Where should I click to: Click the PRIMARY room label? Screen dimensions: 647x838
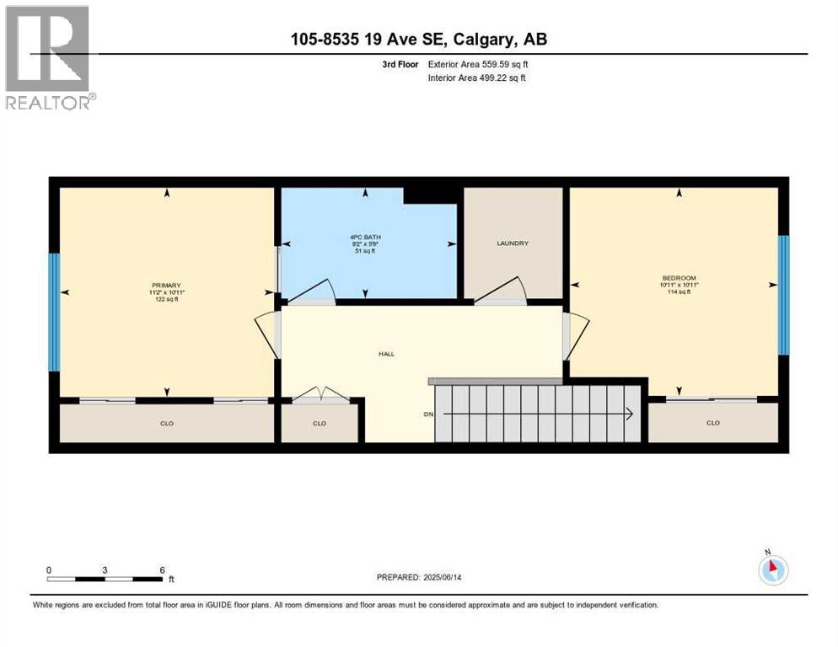tap(167, 285)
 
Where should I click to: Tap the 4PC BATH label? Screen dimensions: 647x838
tap(364, 237)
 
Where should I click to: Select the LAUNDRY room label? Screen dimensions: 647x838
tap(512, 243)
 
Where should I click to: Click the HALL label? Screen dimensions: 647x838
tap(386, 354)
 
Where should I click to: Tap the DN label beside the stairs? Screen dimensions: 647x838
tap(427, 414)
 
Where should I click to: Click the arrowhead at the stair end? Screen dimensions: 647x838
tap(630, 413)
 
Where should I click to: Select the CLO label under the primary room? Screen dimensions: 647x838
tap(167, 423)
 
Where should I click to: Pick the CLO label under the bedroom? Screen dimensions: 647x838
tap(712, 423)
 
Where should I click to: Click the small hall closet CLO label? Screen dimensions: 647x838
tap(319, 423)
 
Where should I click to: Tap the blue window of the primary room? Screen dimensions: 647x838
tap(54, 312)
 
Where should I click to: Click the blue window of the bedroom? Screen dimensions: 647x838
tap(782, 294)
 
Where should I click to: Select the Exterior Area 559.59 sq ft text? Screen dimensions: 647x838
tap(478, 64)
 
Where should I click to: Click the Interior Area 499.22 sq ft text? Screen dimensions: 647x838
tap(478, 78)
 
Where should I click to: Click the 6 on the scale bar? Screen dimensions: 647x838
tap(161, 569)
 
